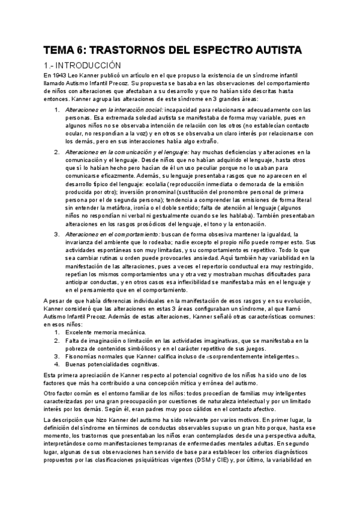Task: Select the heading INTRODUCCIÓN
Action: point(89,64)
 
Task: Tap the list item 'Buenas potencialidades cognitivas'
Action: point(113,364)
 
